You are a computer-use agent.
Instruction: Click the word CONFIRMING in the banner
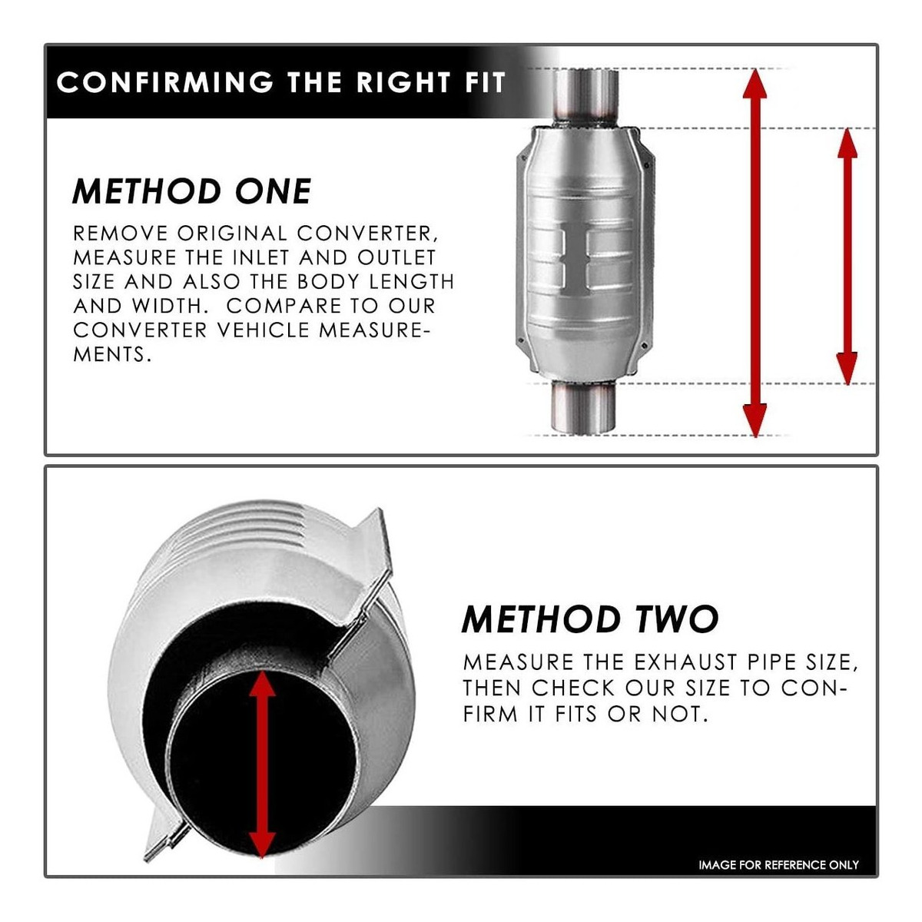click(x=164, y=82)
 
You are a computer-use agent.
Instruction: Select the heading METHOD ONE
click(x=192, y=191)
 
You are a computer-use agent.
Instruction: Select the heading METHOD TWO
click(x=590, y=619)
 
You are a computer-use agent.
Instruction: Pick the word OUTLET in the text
click(x=396, y=258)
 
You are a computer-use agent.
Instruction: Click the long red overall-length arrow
click(x=755, y=253)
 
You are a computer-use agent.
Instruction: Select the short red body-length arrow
click(x=847, y=256)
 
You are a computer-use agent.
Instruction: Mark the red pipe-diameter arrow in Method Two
click(x=262, y=765)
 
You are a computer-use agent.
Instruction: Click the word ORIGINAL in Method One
click(x=232, y=234)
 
